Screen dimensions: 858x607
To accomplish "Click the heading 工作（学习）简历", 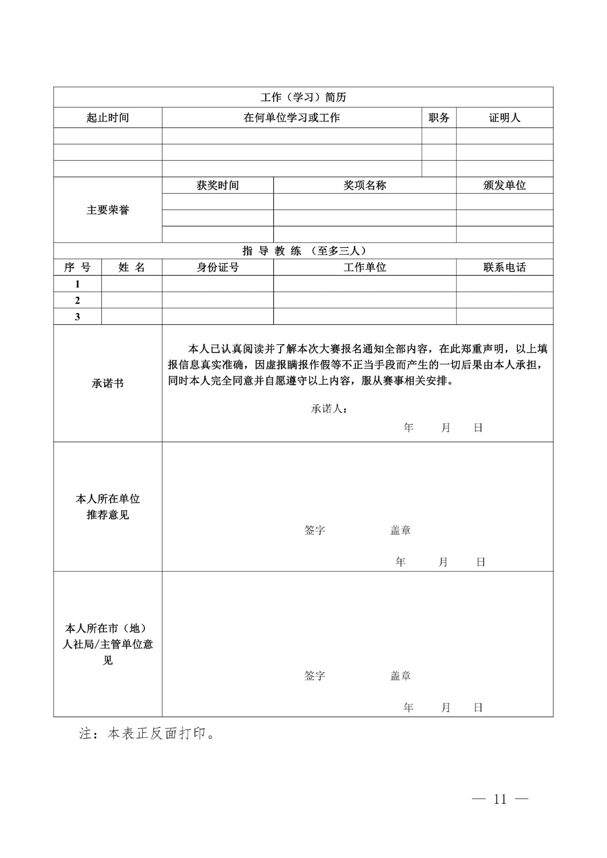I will tap(303, 97).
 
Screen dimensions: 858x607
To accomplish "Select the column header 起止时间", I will tap(108, 117).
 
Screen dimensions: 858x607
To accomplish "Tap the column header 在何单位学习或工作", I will tap(291, 117).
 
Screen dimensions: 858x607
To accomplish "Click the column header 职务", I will tap(438, 117).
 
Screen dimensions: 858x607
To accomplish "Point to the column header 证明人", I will tap(504, 117).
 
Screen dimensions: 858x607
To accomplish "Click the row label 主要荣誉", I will tap(108, 210).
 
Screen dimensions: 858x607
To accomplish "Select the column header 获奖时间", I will tap(217, 185).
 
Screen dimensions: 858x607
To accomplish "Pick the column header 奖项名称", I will tap(364, 185).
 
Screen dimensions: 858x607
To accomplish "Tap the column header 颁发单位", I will tap(504, 185).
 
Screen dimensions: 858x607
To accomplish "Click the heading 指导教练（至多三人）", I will tap(303, 250).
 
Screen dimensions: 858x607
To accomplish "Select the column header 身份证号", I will tap(217, 267).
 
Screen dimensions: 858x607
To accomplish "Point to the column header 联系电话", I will tap(504, 267).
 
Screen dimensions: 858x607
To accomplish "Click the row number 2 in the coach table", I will tap(77, 300).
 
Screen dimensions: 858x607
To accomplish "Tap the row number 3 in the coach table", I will tap(77, 316).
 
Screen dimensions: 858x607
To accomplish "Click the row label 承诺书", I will tap(108, 383).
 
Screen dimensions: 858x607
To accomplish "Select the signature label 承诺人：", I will tap(329, 409).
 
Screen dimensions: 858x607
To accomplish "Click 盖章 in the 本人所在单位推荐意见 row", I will tap(400, 530).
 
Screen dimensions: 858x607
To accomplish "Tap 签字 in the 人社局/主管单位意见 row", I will tap(315, 676).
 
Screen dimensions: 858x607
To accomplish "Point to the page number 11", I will tap(500, 799).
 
